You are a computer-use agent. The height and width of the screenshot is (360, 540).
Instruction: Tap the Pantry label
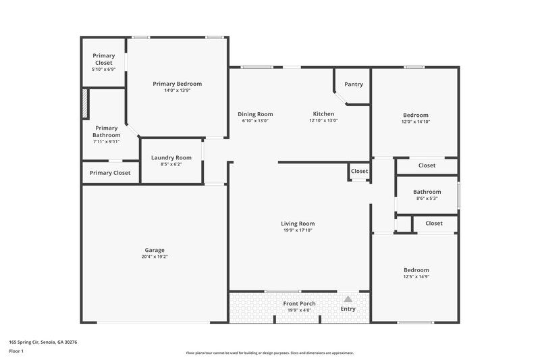coord(354,84)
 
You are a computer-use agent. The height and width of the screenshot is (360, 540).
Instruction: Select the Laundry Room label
coord(171,157)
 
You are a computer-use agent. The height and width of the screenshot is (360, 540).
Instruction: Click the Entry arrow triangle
coord(348,298)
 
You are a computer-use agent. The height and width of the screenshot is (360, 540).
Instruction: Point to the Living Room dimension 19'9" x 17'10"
coord(298,230)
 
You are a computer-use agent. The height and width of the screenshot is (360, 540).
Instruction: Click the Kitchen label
coord(323,114)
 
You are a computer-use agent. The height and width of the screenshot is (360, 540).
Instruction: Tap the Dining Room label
coord(255,114)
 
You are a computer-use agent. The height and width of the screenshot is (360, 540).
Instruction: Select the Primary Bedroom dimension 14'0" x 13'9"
coord(177,91)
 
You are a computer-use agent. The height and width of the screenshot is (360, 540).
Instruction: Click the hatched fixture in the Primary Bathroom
coord(85,104)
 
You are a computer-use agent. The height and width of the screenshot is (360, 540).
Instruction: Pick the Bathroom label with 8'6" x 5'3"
coord(427,192)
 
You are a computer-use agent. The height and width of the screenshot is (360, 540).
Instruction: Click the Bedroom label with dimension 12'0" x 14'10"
coord(416,115)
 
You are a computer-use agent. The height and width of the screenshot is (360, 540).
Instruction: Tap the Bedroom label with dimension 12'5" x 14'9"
coord(416,270)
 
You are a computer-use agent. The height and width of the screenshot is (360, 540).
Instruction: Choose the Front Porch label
coord(299,303)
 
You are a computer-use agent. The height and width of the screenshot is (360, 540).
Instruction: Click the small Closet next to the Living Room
coord(359,172)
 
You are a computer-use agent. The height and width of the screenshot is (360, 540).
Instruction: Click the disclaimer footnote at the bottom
coord(270,353)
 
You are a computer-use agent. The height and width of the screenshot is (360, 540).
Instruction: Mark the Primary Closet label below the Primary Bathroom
coord(110,173)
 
